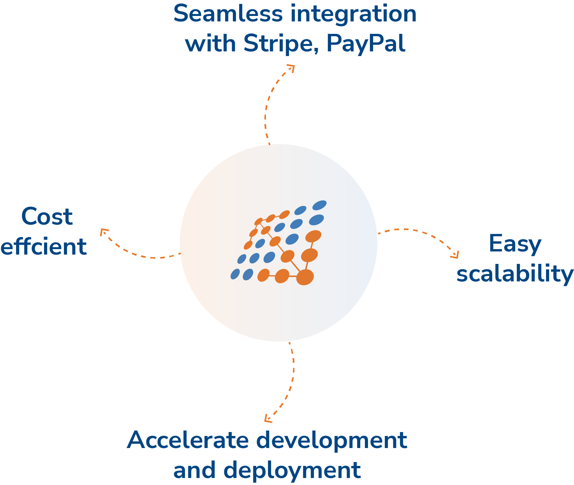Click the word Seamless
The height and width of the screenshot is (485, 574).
[228, 14]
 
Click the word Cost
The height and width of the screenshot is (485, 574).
[47, 216]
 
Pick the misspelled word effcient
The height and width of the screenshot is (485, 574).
[43, 246]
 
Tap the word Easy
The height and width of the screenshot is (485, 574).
[515, 244]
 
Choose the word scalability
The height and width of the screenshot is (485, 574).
[515, 274]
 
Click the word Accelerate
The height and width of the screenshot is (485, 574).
[188, 440]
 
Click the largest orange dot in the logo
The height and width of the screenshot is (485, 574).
[305, 277]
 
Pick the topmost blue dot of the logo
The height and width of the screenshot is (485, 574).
[319, 205]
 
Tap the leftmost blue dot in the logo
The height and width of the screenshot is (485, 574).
[235, 274]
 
